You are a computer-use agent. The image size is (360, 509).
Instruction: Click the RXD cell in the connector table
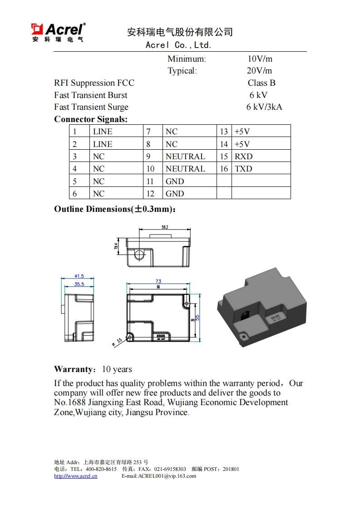(243, 157)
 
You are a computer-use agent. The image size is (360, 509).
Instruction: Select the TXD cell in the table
(243, 169)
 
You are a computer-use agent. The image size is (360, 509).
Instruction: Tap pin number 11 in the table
(150, 181)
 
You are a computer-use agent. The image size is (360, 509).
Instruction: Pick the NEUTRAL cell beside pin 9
(185, 157)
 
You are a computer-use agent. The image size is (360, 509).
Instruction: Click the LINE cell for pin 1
(103, 132)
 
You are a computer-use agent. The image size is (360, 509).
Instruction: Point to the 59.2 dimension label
(165, 227)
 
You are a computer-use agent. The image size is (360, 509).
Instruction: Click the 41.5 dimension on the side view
(79, 276)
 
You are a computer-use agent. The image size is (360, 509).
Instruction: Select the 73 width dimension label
(158, 281)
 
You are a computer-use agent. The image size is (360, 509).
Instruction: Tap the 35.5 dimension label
(79, 284)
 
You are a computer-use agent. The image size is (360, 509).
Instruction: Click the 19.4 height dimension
(116, 246)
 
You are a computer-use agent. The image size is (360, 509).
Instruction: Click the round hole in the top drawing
(139, 254)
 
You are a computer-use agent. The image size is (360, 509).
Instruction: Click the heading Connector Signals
(91, 119)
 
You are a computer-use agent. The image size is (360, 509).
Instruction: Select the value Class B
(261, 83)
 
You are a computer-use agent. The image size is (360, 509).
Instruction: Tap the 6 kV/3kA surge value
(264, 107)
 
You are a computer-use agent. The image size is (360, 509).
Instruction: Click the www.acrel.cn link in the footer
(76, 476)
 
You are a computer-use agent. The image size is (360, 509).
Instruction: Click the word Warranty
(74, 369)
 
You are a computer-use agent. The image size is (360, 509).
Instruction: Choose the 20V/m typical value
(259, 71)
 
